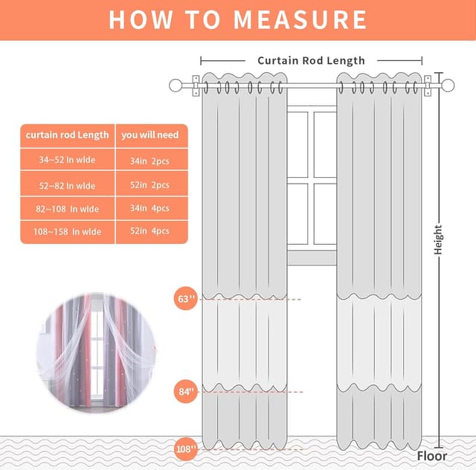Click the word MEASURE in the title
300,20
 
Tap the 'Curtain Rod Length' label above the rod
311,61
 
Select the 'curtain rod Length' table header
67,135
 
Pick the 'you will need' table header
150,135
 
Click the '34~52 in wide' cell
67,160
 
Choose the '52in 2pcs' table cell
150,185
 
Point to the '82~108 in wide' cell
67,209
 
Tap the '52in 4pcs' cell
150,231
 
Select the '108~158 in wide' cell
67,232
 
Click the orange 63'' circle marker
186,299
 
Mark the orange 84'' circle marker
186,392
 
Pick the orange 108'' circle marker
186,448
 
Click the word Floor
431,456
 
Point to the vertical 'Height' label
438,240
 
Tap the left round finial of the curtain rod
176,86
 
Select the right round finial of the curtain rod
448,86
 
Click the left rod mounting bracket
196,86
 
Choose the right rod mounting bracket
428,86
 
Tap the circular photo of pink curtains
97,353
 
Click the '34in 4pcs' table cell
150,208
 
